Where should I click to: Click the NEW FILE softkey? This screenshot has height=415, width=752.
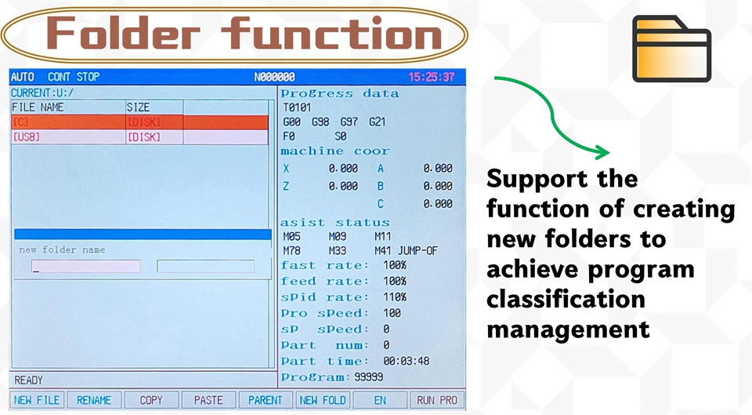[x=37, y=400]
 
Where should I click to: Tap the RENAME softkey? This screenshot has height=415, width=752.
[x=94, y=400]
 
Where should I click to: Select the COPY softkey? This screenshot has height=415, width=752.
[x=151, y=400]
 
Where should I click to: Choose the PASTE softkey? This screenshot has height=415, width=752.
[x=208, y=400]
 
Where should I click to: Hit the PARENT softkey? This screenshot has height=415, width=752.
[x=266, y=400]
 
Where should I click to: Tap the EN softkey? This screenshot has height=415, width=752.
[x=380, y=400]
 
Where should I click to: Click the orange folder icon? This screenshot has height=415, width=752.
[x=671, y=49]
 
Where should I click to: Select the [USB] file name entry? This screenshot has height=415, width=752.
[x=27, y=137]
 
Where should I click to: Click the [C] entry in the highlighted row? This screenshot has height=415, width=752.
[x=20, y=122]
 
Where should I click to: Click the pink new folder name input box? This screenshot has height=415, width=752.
[x=86, y=266]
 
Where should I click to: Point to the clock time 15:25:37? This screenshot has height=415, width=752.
[x=431, y=77]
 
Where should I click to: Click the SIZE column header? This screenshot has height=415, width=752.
[x=138, y=107]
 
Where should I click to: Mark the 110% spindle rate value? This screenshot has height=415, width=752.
[x=395, y=297]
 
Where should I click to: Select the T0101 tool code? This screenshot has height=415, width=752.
[x=297, y=107]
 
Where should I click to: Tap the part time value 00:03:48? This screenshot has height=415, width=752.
[x=407, y=361]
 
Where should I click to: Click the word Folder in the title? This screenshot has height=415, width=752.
[x=123, y=33]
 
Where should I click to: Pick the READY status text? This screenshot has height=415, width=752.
[x=29, y=380]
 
